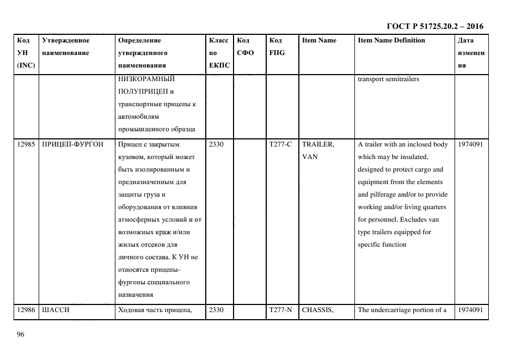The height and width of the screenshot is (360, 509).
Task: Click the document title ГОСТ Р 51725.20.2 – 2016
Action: tap(434, 26)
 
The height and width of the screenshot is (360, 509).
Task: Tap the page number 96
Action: tap(21, 334)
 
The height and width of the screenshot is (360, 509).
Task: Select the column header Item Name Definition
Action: tap(391, 40)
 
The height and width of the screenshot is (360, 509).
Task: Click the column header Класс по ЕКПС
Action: tap(219, 53)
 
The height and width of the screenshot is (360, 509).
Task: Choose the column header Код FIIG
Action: tap(277, 46)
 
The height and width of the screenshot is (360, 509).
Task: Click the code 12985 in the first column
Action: tap(26, 144)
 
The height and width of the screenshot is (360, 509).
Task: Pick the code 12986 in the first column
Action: tap(26, 310)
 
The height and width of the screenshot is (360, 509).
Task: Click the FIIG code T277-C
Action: tap(280, 144)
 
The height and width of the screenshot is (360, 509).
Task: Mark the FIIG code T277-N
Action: tap(280, 310)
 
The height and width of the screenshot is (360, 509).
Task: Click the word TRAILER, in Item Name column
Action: tap(318, 144)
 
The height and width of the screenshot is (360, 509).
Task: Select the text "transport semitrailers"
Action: tap(388, 79)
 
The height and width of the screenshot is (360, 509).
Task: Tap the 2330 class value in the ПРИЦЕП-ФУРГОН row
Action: tap(216, 144)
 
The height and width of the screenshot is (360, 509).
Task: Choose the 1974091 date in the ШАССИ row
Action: tap(470, 310)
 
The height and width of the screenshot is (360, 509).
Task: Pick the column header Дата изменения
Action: tap(470, 53)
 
